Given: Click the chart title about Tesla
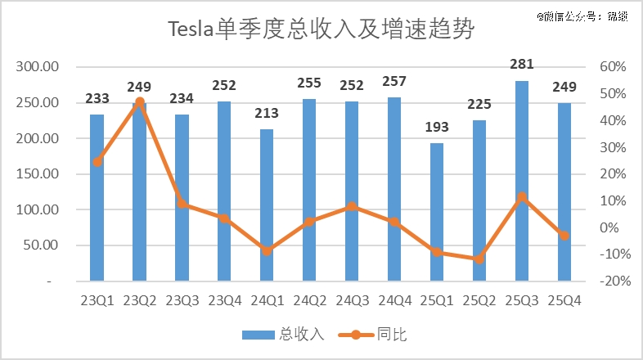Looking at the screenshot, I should tap(321, 30).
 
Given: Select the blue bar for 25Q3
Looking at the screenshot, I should tap(522, 180).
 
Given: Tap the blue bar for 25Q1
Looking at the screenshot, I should tap(437, 212).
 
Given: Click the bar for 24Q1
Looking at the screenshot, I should tap(267, 205).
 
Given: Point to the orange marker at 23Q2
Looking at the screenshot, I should tap(139, 102).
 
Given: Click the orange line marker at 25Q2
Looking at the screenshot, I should tap(479, 259).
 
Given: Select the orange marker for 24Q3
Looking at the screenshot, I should tap(352, 206).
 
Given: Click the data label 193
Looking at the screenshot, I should tap(437, 127).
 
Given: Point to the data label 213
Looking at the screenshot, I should tap(267, 113).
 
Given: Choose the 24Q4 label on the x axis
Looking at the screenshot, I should tap(394, 300).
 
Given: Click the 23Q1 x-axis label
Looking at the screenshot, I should tap(97, 300).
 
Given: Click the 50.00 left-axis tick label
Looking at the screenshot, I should tap(43, 245).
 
